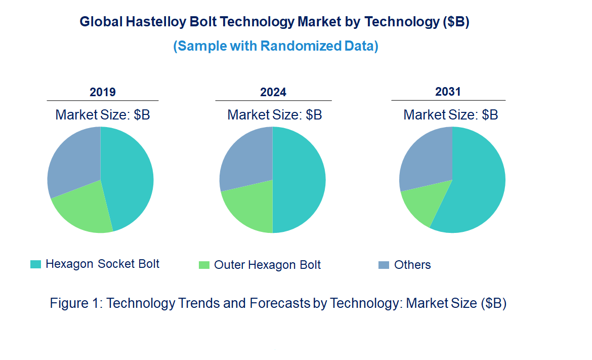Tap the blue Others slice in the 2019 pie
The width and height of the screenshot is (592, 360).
click(73, 159)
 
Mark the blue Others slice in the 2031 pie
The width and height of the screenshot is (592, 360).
click(425, 157)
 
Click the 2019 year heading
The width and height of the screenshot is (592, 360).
click(103, 92)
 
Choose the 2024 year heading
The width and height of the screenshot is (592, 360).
click(273, 92)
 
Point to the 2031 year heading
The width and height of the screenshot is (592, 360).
click(448, 92)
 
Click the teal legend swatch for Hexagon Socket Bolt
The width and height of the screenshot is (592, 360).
click(35, 264)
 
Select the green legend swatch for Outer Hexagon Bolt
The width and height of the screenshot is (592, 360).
click(204, 265)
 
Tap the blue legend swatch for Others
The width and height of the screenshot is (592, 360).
click(384, 265)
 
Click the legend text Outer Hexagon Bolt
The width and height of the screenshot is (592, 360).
click(267, 265)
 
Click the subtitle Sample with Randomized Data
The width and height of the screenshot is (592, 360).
click(276, 46)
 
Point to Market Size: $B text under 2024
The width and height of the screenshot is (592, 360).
click(274, 114)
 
